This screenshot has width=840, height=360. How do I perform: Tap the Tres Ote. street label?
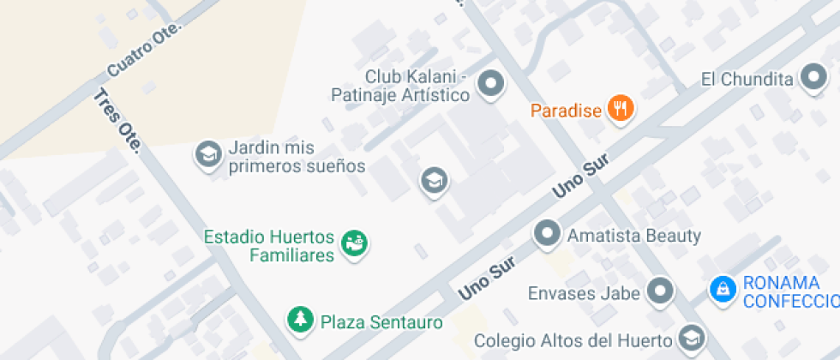click(117, 121)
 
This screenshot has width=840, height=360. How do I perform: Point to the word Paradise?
click(566, 111)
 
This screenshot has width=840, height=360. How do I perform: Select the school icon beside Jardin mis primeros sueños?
click(207, 154)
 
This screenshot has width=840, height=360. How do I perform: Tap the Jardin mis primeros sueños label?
click(297, 156)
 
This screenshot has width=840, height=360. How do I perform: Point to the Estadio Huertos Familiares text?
click(269, 245)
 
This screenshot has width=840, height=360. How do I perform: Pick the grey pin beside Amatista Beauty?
click(547, 232)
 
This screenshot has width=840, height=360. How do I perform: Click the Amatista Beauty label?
click(634, 236)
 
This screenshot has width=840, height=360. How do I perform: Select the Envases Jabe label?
click(584, 293)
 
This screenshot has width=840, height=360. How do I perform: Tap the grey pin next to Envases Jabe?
click(659, 291)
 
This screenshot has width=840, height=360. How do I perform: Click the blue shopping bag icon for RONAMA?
click(723, 289)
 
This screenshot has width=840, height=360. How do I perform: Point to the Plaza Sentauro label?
click(381, 323)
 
